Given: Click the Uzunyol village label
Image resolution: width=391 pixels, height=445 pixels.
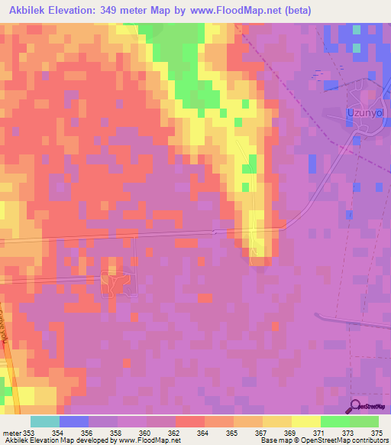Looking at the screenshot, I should [x=357, y=113].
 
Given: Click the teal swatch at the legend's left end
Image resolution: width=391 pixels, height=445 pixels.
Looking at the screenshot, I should [x=44, y=421].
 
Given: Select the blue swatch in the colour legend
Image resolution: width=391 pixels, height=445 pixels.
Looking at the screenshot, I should [x=73, y=421].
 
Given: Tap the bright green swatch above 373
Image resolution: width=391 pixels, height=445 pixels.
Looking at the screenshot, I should [x=335, y=421].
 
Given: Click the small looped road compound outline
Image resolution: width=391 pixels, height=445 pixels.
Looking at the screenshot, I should [x=114, y=284].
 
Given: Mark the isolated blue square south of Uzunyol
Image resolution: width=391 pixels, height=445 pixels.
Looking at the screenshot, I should [x=312, y=164].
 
